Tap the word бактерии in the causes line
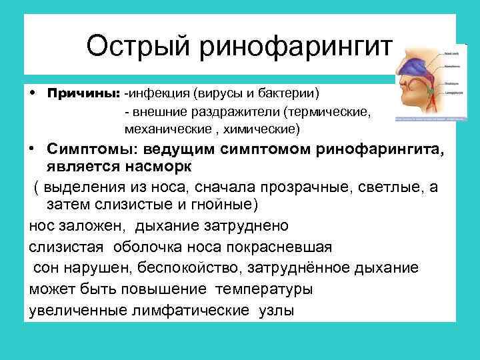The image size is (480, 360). click(x=289, y=90)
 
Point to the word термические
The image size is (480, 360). click(x=327, y=109)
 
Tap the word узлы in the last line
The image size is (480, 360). click(x=275, y=311)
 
